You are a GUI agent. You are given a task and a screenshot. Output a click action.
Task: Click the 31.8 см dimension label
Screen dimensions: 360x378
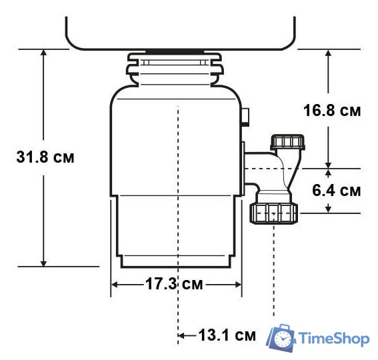pyautogui.click(x=44, y=159)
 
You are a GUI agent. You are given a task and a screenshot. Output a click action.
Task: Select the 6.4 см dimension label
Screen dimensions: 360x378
pyautogui.click(x=336, y=191)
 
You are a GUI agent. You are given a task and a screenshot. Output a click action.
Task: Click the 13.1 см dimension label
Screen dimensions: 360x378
pyautogui.click(x=227, y=335)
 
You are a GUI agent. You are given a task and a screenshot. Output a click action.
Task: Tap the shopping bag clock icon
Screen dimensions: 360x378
pyautogui.click(x=281, y=339)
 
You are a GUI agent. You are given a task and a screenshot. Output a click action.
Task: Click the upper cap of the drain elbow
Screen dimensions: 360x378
pyautogui.click(x=287, y=142)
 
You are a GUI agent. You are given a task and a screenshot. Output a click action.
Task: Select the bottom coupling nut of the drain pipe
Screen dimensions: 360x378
pyautogui.click(x=275, y=213)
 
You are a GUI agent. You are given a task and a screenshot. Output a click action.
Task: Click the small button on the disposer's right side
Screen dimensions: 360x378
pyautogui.click(x=246, y=118)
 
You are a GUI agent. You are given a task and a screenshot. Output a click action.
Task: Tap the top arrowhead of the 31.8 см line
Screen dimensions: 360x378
pyautogui.click(x=44, y=54)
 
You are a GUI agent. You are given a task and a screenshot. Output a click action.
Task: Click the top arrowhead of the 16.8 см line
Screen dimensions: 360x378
pyautogui.click(x=328, y=54)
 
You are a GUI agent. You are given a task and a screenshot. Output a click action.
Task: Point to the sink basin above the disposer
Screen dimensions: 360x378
pyautogui.click(x=180, y=27)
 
